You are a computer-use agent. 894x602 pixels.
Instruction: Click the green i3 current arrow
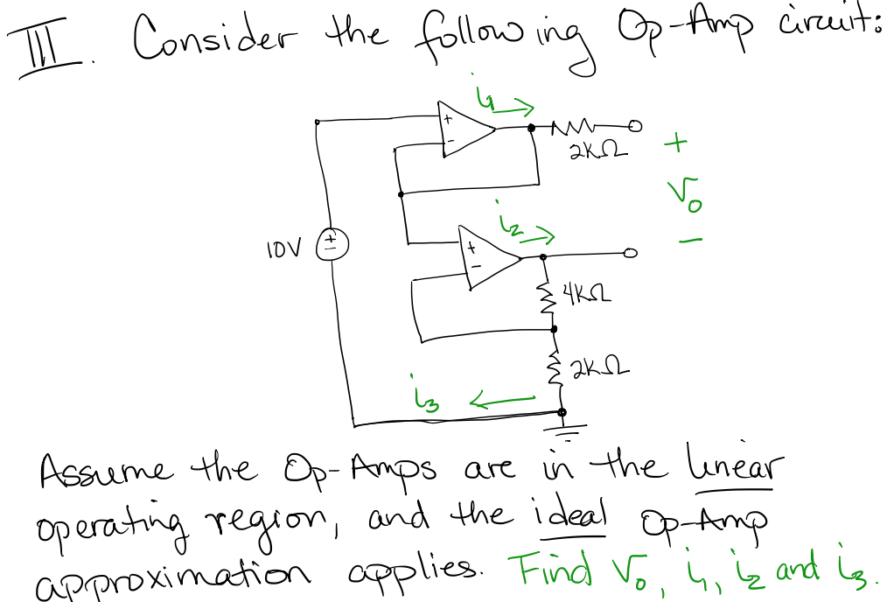point(502,400)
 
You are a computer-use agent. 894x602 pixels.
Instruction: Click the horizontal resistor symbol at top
point(578,128)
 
